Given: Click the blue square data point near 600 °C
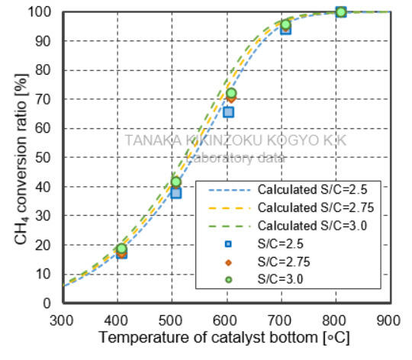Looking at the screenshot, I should (228, 112).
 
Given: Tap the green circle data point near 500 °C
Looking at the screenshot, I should (176, 182).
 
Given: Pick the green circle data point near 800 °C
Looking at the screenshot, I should (341, 11).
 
